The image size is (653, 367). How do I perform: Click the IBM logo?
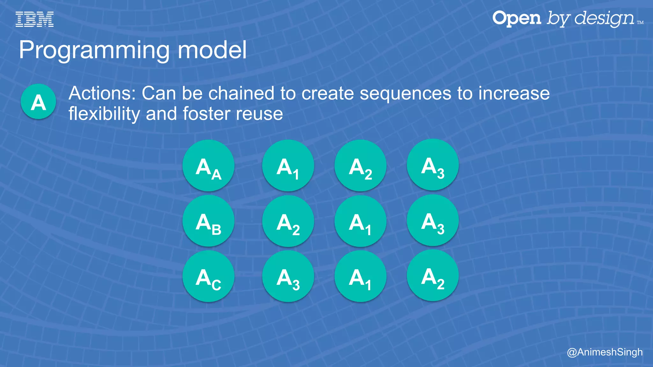pos(34,19)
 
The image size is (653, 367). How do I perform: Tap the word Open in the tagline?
pos(517,18)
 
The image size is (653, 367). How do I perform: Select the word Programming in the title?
pos(94,50)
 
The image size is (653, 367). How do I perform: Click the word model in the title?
pos(212,50)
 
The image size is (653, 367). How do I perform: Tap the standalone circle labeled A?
pos(38,102)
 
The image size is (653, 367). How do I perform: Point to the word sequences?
pos(406,93)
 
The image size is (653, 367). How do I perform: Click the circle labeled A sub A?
pos(208,166)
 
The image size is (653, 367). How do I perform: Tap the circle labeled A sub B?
pos(208,221)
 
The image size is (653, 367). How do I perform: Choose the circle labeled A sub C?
pos(208,276)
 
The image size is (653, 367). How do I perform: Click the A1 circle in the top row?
pos(288,166)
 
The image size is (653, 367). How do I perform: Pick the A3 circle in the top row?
pos(433,165)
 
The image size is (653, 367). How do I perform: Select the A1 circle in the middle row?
pos(360,221)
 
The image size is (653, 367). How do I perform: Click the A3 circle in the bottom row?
pos(288,276)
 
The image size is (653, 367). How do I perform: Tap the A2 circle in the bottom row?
pos(433,276)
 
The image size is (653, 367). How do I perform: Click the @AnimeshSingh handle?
pos(605,352)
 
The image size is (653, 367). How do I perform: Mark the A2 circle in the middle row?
pos(288,221)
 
